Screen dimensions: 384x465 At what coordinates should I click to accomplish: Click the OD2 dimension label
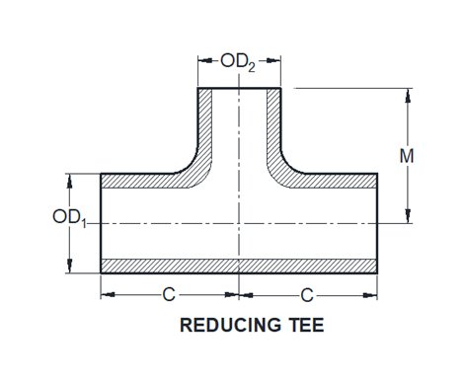pos(239,62)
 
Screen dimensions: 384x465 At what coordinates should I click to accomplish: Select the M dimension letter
pos(420,155)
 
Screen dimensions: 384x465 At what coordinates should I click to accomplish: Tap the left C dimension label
pos(171,294)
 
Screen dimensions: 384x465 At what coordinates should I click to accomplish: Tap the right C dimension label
pos(308,294)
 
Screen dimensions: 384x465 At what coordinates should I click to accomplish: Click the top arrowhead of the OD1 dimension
pos(70,179)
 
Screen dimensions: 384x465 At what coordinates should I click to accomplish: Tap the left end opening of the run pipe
pos(102,223)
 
